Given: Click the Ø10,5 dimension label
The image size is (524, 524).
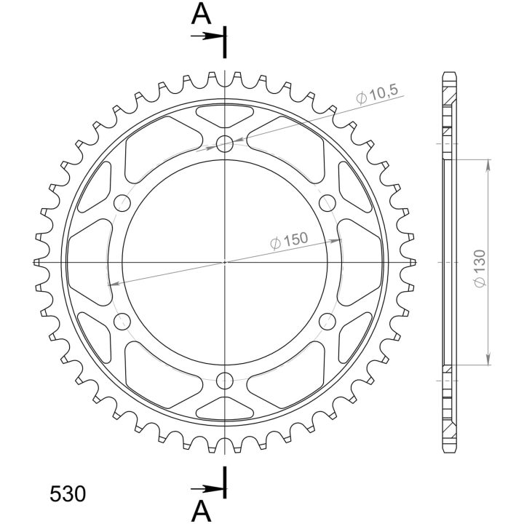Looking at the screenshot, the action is [x=377, y=95].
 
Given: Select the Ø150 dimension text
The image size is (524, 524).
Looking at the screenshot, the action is [x=289, y=240].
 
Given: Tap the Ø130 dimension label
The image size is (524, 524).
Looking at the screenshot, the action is [x=480, y=268].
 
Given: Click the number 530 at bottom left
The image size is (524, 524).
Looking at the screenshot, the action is [x=68, y=494].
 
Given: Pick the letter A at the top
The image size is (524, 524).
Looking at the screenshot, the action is [x=201, y=15].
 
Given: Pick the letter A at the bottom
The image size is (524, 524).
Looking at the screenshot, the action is [x=201, y=512].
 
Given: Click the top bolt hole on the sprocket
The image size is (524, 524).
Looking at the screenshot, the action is [x=225, y=144].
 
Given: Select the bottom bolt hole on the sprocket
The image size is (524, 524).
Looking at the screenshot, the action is [x=225, y=381].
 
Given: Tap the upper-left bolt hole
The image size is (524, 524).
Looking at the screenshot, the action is [x=122, y=203].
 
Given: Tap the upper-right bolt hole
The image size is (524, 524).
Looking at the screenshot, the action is [x=327, y=203].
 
